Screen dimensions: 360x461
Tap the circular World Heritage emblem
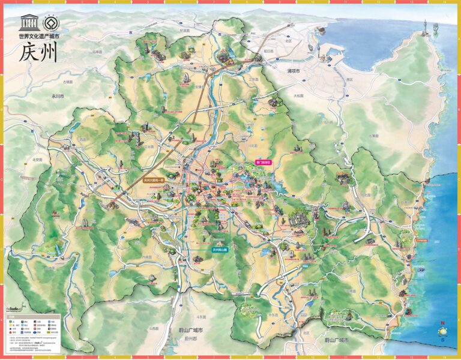point(49,23)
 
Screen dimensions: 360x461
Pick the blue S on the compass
point(442,340)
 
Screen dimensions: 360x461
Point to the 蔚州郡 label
point(190,338)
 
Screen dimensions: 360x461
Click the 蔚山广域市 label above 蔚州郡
point(190,330)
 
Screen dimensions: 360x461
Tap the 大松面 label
point(298,95)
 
